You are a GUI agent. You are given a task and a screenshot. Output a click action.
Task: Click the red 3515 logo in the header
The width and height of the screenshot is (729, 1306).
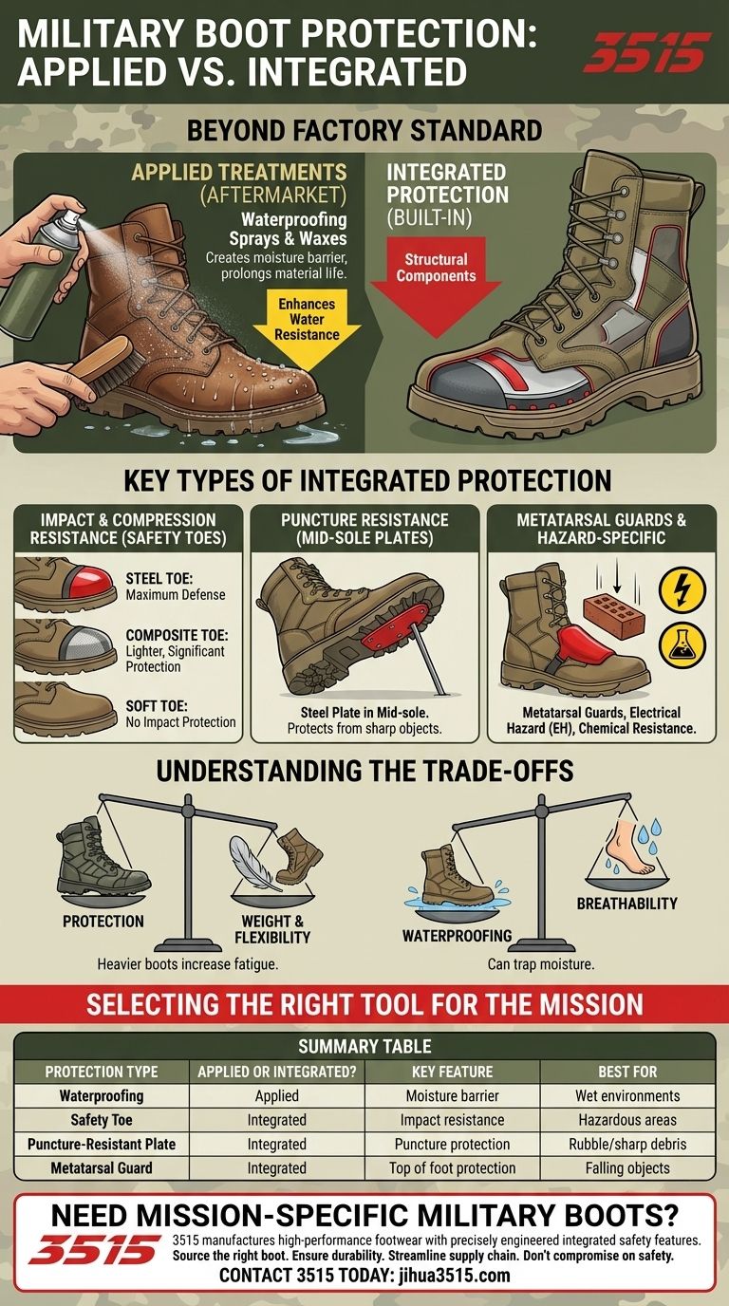(647, 52)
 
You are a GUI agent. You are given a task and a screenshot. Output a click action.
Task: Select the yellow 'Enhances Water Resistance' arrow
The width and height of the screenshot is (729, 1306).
(307, 329)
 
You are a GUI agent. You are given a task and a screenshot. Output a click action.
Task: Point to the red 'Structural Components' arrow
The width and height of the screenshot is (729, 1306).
(437, 286)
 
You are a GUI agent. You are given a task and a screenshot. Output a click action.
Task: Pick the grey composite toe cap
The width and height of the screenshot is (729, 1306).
(86, 644)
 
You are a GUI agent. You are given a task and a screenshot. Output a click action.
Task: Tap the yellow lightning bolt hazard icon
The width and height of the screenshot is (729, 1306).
(682, 588)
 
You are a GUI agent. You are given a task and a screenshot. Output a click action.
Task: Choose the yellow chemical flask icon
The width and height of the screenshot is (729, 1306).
(682, 646)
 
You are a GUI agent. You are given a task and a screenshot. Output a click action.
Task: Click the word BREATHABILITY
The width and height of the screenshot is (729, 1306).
(626, 904)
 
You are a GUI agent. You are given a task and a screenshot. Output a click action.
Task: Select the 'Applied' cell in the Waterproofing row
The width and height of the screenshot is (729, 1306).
(277, 1095)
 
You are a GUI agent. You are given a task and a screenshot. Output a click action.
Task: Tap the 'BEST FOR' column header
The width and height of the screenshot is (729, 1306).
(627, 1072)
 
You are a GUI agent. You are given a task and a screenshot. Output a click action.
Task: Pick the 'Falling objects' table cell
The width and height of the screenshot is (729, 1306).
(627, 1167)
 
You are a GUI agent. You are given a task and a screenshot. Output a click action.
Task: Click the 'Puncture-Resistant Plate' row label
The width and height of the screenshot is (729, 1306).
(102, 1144)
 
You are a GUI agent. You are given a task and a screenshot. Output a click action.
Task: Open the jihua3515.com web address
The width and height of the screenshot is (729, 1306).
(455, 1275)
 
